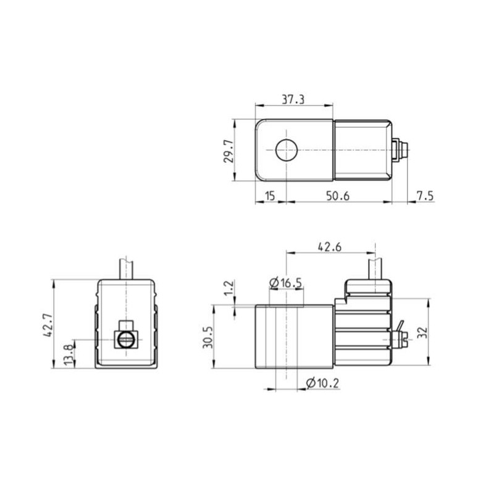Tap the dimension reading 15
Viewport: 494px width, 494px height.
coord(269,196)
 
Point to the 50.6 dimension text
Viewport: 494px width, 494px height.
coord(337,196)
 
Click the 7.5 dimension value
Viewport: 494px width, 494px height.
coord(425,196)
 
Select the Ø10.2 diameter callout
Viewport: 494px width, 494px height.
coord(322,383)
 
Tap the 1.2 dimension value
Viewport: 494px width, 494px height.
coord(228,288)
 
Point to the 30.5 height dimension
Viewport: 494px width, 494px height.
coord(209,337)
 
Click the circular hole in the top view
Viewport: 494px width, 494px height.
coord(287,150)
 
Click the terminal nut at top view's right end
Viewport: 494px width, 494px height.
coord(400,150)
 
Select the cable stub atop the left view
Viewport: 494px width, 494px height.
coord(126,267)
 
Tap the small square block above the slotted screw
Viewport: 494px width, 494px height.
coord(126,325)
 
